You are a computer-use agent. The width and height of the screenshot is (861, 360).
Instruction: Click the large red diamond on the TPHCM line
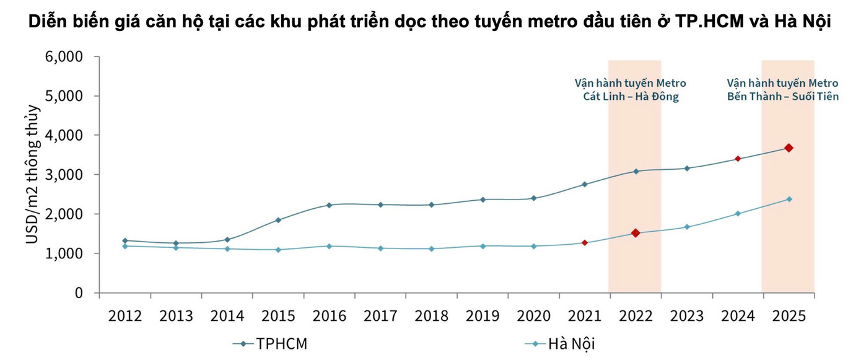coord(789,147)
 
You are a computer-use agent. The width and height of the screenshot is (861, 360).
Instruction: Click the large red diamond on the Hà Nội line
coord(635,233)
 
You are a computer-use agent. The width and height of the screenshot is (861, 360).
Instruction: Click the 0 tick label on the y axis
coord(79,292)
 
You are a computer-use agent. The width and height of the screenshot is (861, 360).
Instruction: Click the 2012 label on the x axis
coord(125,316)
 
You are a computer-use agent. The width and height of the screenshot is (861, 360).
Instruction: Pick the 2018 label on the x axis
coord(432,316)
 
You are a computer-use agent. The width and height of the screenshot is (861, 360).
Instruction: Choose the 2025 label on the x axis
coord(789,316)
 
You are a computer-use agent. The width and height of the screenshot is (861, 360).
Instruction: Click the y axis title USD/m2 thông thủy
coord(33,174)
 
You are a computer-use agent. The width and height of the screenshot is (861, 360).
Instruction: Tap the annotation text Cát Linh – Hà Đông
coord(631,97)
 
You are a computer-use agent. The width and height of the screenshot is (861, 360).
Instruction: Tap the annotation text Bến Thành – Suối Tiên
coord(783,97)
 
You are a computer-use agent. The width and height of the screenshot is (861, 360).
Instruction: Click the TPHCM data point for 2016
coord(329,205)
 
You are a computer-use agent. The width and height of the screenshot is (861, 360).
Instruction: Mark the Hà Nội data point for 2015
coord(278,250)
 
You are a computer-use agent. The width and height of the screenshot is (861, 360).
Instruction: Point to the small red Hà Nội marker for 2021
coord(584,242)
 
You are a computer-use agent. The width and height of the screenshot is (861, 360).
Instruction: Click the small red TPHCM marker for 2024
coord(737,159)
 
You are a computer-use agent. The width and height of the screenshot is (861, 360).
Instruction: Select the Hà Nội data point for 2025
coord(789,199)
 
